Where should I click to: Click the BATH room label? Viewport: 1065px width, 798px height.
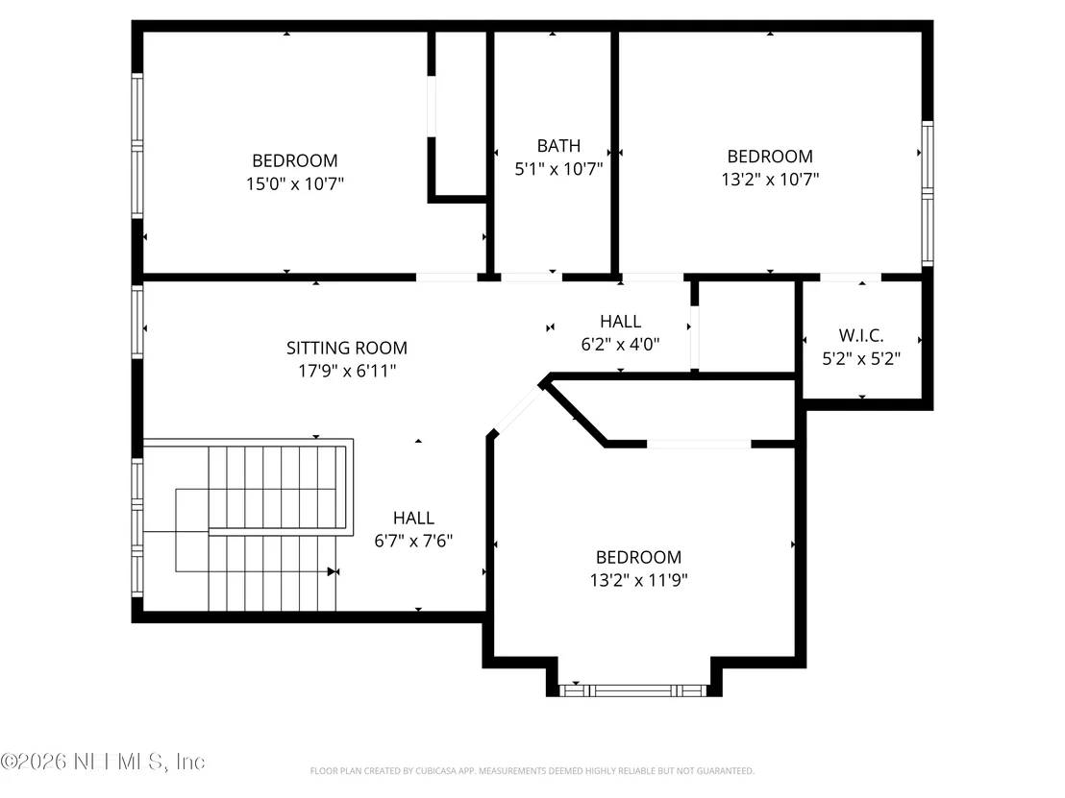[x=558, y=146]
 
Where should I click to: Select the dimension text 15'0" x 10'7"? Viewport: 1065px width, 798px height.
[x=295, y=183]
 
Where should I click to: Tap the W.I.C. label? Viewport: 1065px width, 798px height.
[x=861, y=335]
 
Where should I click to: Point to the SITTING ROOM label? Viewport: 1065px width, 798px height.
[x=346, y=349]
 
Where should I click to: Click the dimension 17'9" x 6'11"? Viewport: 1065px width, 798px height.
[x=347, y=372]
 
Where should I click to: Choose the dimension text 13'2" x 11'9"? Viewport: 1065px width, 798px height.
[x=638, y=580]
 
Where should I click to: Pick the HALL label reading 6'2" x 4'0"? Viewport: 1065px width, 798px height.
[x=620, y=321]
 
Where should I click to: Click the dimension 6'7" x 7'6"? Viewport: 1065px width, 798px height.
[x=413, y=541]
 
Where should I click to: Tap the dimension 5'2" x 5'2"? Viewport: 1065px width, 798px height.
[x=861, y=358]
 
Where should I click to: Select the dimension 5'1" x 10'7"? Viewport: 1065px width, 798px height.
[x=558, y=169]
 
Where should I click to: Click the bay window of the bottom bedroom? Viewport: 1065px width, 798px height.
[x=633, y=690]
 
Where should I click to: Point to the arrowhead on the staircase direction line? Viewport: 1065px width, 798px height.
[x=333, y=571]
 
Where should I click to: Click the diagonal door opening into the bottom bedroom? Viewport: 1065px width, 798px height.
[x=518, y=408]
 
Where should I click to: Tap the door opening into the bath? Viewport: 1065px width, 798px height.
[x=532, y=277]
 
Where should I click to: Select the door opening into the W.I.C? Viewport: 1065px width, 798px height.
[x=851, y=277]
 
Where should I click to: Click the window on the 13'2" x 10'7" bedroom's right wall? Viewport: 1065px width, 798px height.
[x=928, y=193]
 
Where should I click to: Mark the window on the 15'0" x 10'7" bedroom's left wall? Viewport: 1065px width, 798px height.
[x=137, y=146]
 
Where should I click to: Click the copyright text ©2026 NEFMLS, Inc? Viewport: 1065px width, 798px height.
[x=103, y=762]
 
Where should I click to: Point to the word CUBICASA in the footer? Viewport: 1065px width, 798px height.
[x=434, y=771]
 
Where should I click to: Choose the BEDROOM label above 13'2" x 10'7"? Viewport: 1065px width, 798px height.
[x=770, y=157]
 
